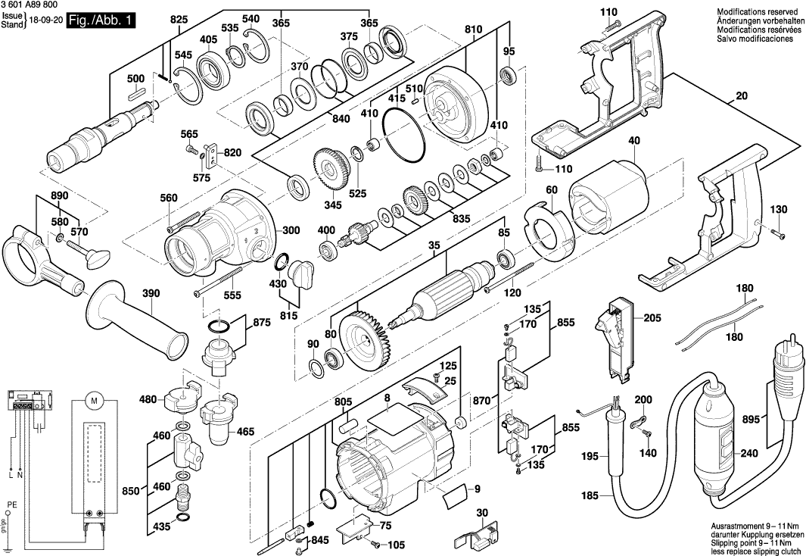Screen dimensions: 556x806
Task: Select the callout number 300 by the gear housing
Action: click(269, 231)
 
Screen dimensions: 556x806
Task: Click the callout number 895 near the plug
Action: click(771, 419)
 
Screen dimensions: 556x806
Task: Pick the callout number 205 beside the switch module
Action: click(652, 318)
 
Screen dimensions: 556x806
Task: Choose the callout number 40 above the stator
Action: click(633, 140)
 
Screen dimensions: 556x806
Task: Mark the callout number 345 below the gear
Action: click(333, 205)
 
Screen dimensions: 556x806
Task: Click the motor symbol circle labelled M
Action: click(95, 399)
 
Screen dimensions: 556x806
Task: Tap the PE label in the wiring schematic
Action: click(9, 504)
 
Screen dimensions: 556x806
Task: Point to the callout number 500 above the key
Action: click(135, 79)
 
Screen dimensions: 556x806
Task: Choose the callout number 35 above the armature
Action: click(434, 245)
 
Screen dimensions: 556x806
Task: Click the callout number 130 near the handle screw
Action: click(779, 209)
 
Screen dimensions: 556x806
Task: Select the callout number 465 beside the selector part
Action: click(245, 431)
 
